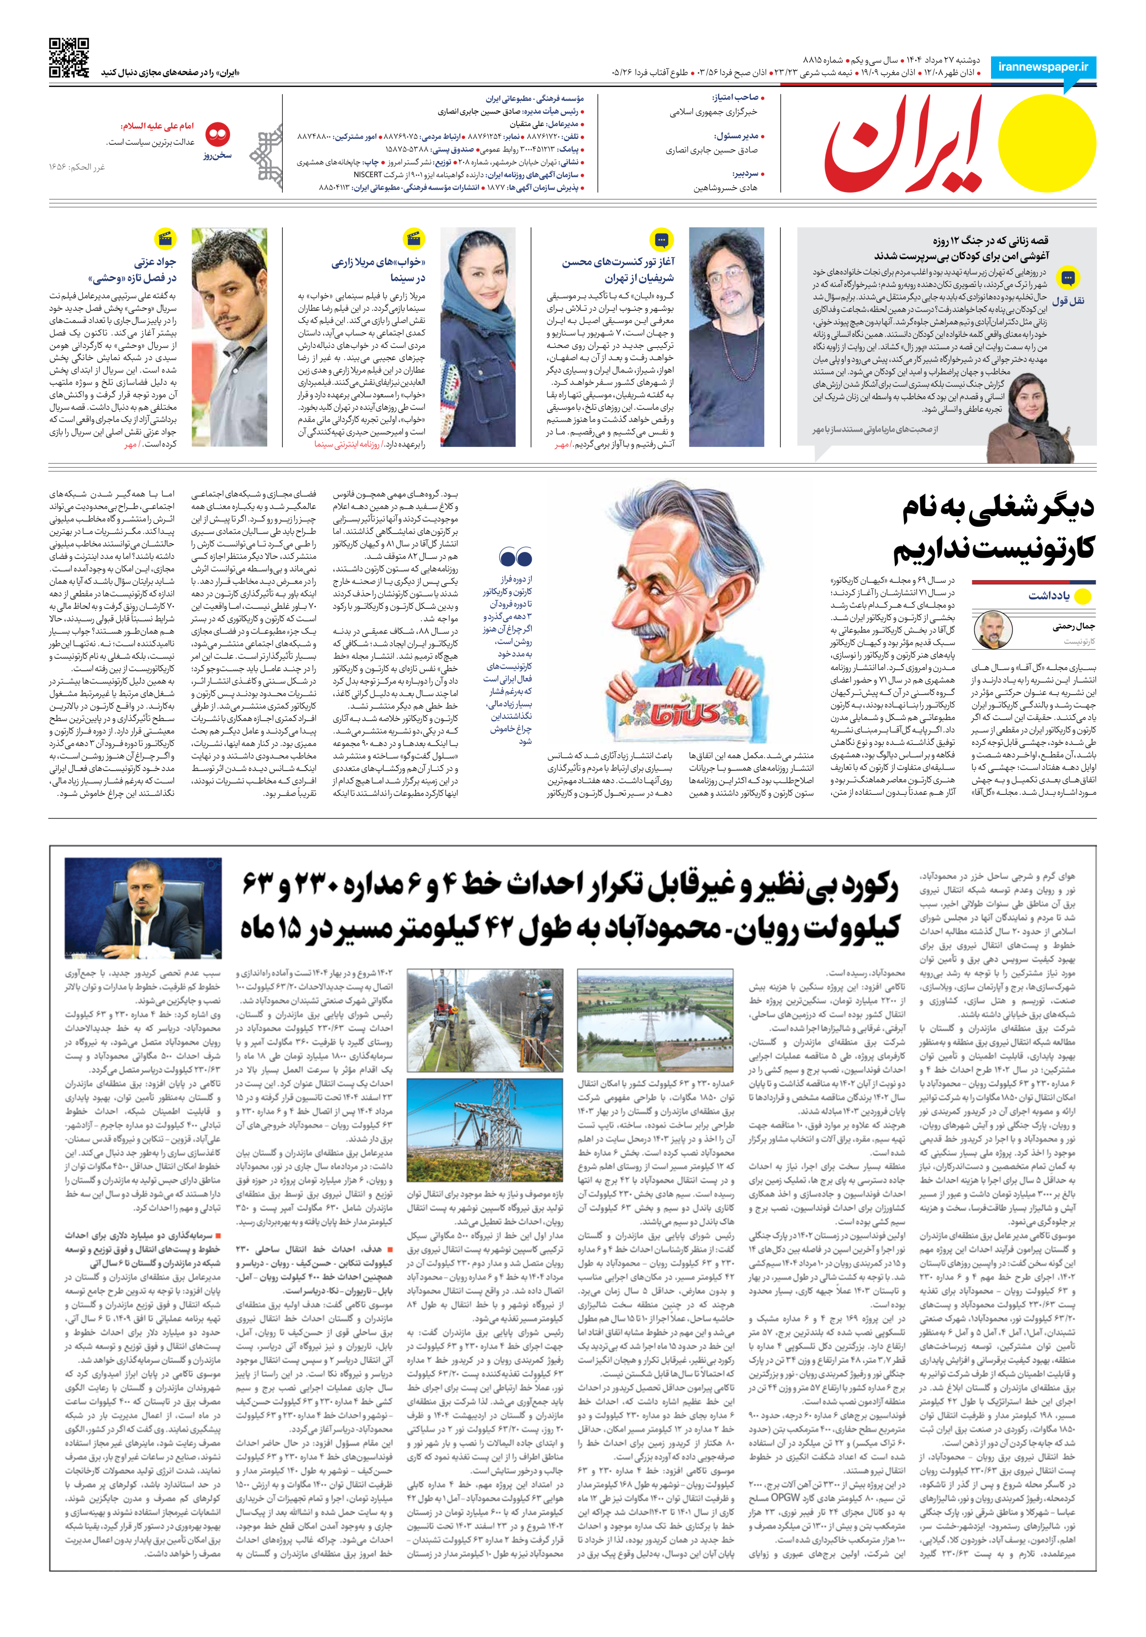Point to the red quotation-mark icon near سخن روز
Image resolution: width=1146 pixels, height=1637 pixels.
click(217, 134)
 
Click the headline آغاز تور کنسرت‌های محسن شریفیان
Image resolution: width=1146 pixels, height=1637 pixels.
click(617, 270)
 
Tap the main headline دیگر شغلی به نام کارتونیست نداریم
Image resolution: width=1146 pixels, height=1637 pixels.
click(995, 528)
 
